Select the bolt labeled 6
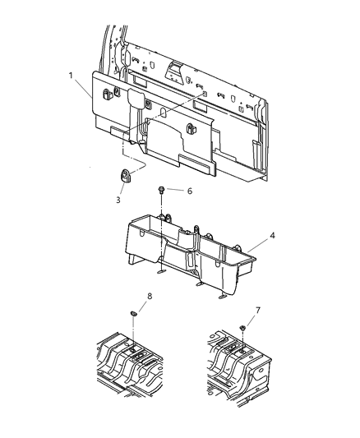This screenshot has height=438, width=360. click(x=163, y=191)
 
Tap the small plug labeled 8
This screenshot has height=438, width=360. click(x=133, y=313)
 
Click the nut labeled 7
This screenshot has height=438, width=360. click(x=244, y=329)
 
